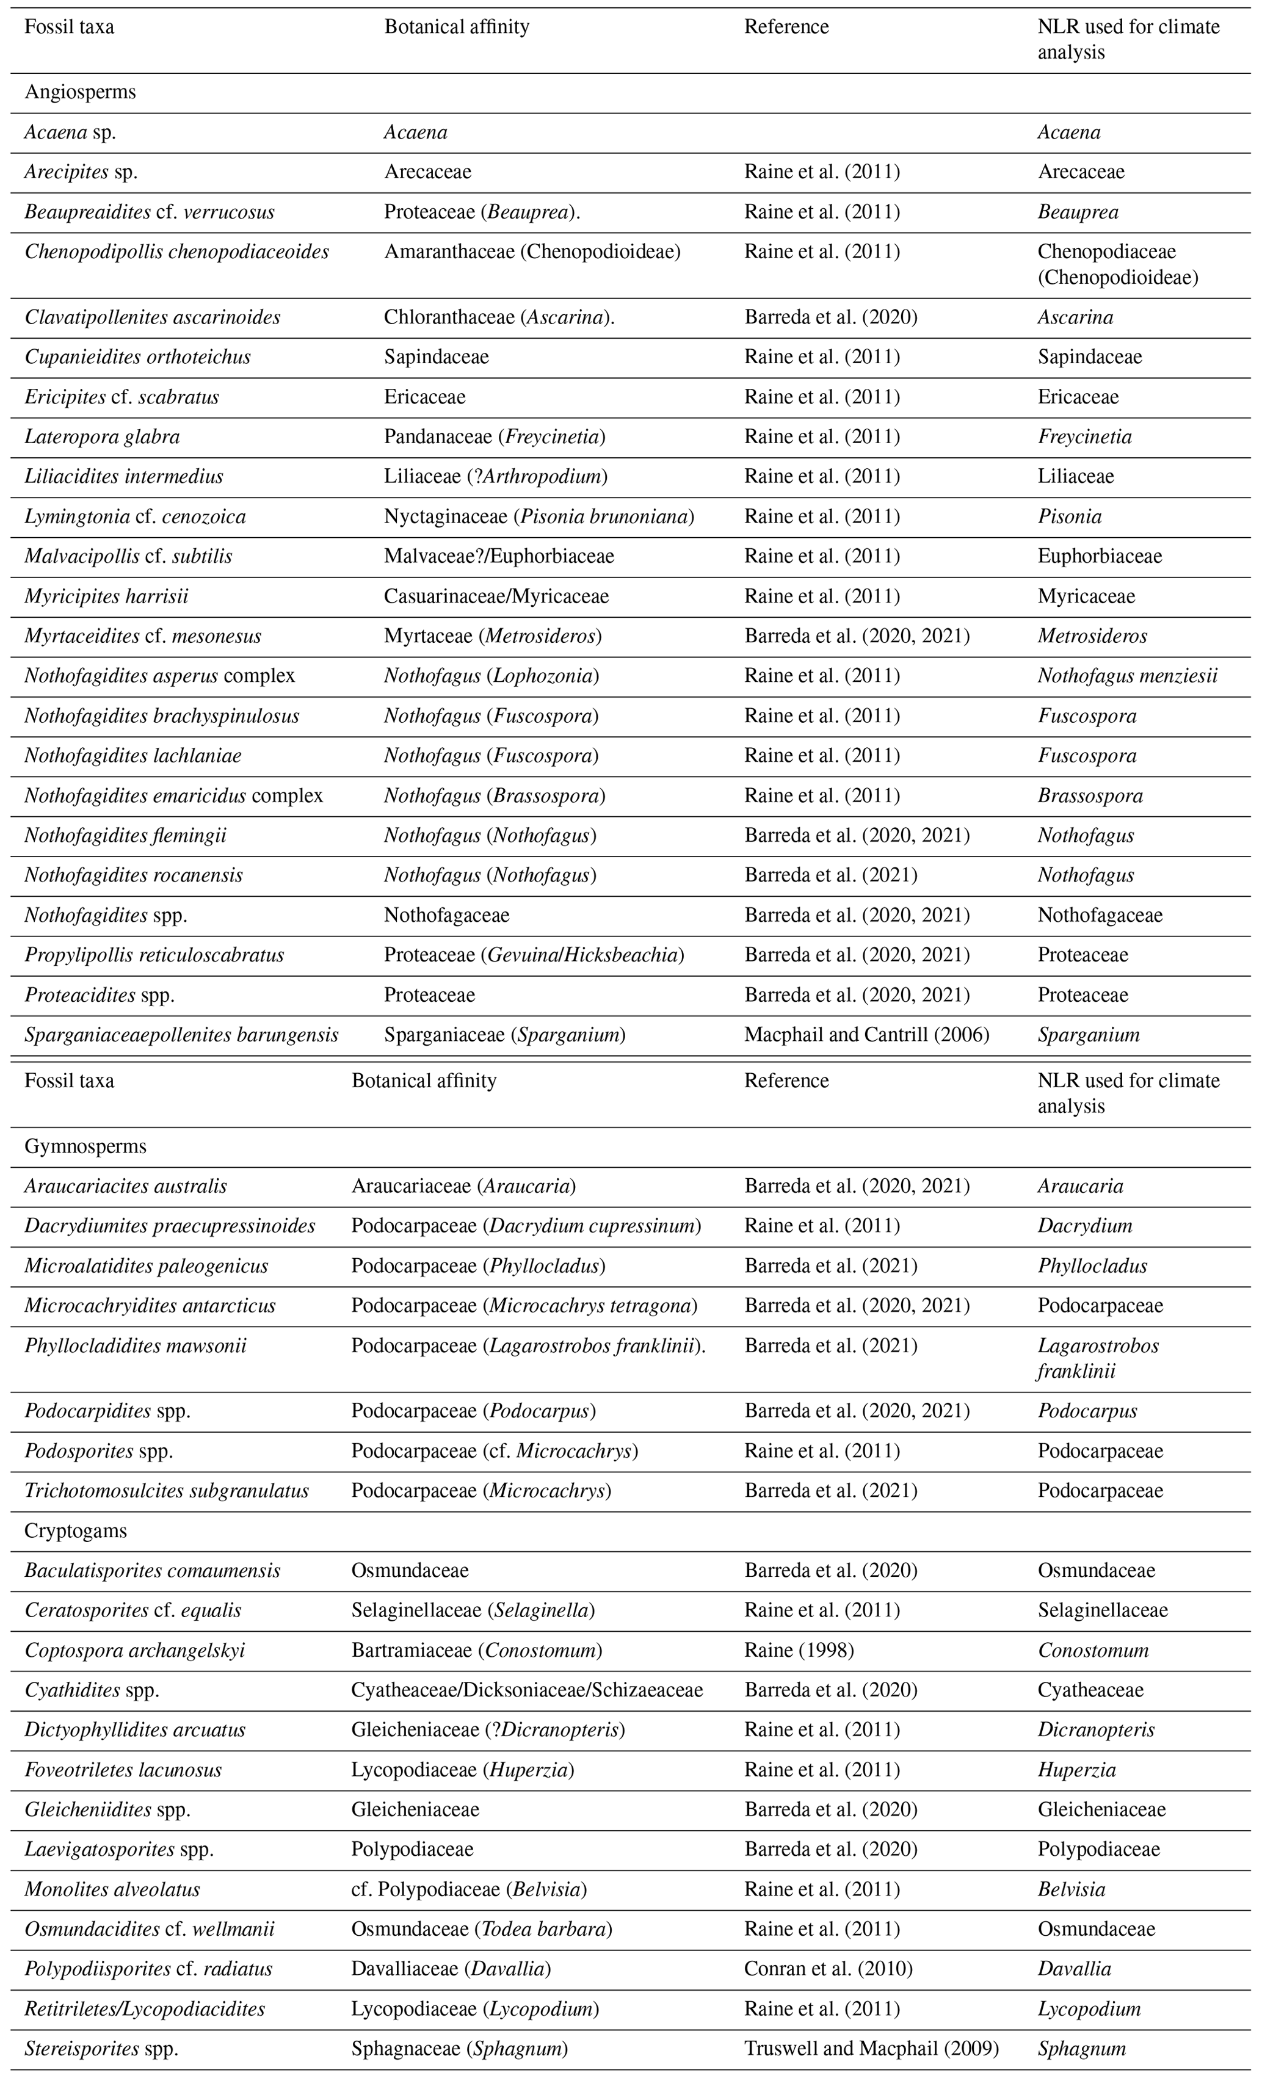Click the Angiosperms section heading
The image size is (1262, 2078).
click(80, 93)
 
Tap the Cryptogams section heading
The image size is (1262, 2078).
click(75, 1530)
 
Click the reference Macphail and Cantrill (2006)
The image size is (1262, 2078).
click(866, 1034)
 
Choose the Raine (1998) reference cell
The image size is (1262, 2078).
click(799, 1651)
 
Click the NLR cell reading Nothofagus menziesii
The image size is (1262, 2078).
click(1127, 676)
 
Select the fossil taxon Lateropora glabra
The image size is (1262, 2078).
click(102, 437)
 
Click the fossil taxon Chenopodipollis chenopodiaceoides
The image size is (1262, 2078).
click(176, 252)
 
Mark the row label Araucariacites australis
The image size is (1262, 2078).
click(126, 1186)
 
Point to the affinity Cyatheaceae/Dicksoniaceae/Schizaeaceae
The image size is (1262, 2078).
click(528, 1690)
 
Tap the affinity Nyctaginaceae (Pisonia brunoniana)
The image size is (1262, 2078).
click(539, 516)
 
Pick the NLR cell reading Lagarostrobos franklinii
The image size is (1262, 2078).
click(1098, 1358)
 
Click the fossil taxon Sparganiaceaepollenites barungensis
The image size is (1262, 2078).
click(181, 1034)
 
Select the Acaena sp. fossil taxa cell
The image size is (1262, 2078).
click(70, 132)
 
